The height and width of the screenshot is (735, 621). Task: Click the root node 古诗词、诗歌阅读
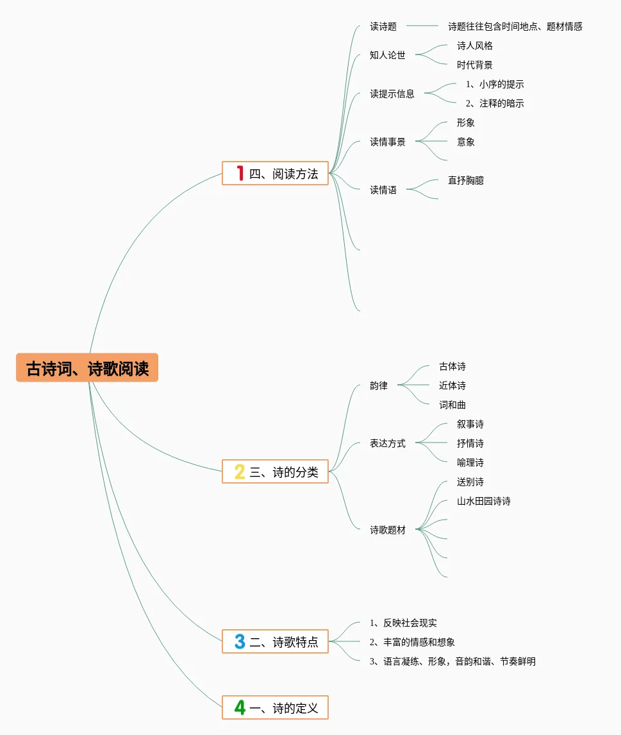click(87, 369)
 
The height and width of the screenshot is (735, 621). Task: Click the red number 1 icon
click(240, 173)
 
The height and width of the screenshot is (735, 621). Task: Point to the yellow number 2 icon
click(240, 472)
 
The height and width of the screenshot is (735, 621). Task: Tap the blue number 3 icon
click(240, 641)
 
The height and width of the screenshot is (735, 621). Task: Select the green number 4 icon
click(240, 707)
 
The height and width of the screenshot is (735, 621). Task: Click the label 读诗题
click(383, 27)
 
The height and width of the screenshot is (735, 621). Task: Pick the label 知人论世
click(388, 55)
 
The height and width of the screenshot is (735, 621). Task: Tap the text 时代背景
click(475, 65)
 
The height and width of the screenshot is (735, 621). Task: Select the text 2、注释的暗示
click(495, 104)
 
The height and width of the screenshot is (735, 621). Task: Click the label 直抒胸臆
click(466, 181)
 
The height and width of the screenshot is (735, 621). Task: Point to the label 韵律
click(379, 386)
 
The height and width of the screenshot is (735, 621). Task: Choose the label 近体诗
click(452, 386)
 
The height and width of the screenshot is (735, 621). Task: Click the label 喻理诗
click(470, 463)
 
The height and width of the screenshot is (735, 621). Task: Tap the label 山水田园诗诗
click(484, 502)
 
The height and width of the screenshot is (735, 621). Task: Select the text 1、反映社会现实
click(404, 623)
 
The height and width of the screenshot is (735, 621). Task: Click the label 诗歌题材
click(388, 530)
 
